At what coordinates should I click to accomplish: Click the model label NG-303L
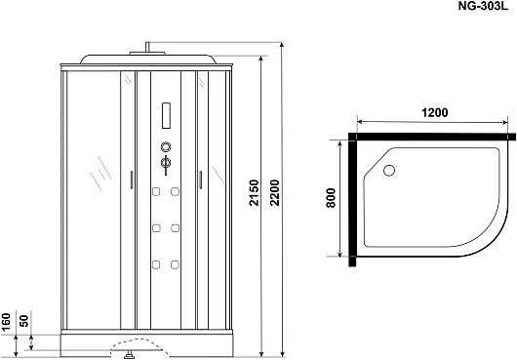tap(483, 7)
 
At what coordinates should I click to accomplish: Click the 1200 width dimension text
tap(435, 113)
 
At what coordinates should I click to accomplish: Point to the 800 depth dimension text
tap(331, 198)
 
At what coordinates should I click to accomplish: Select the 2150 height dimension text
tap(255, 192)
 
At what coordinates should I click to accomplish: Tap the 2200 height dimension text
tap(274, 192)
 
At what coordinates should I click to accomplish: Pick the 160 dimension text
tap(6, 321)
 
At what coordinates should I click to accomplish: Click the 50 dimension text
tap(24, 320)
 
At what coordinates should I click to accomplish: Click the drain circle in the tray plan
tap(389, 170)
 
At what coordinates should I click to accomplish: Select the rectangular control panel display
tap(166, 115)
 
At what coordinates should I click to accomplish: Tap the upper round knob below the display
tap(166, 146)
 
